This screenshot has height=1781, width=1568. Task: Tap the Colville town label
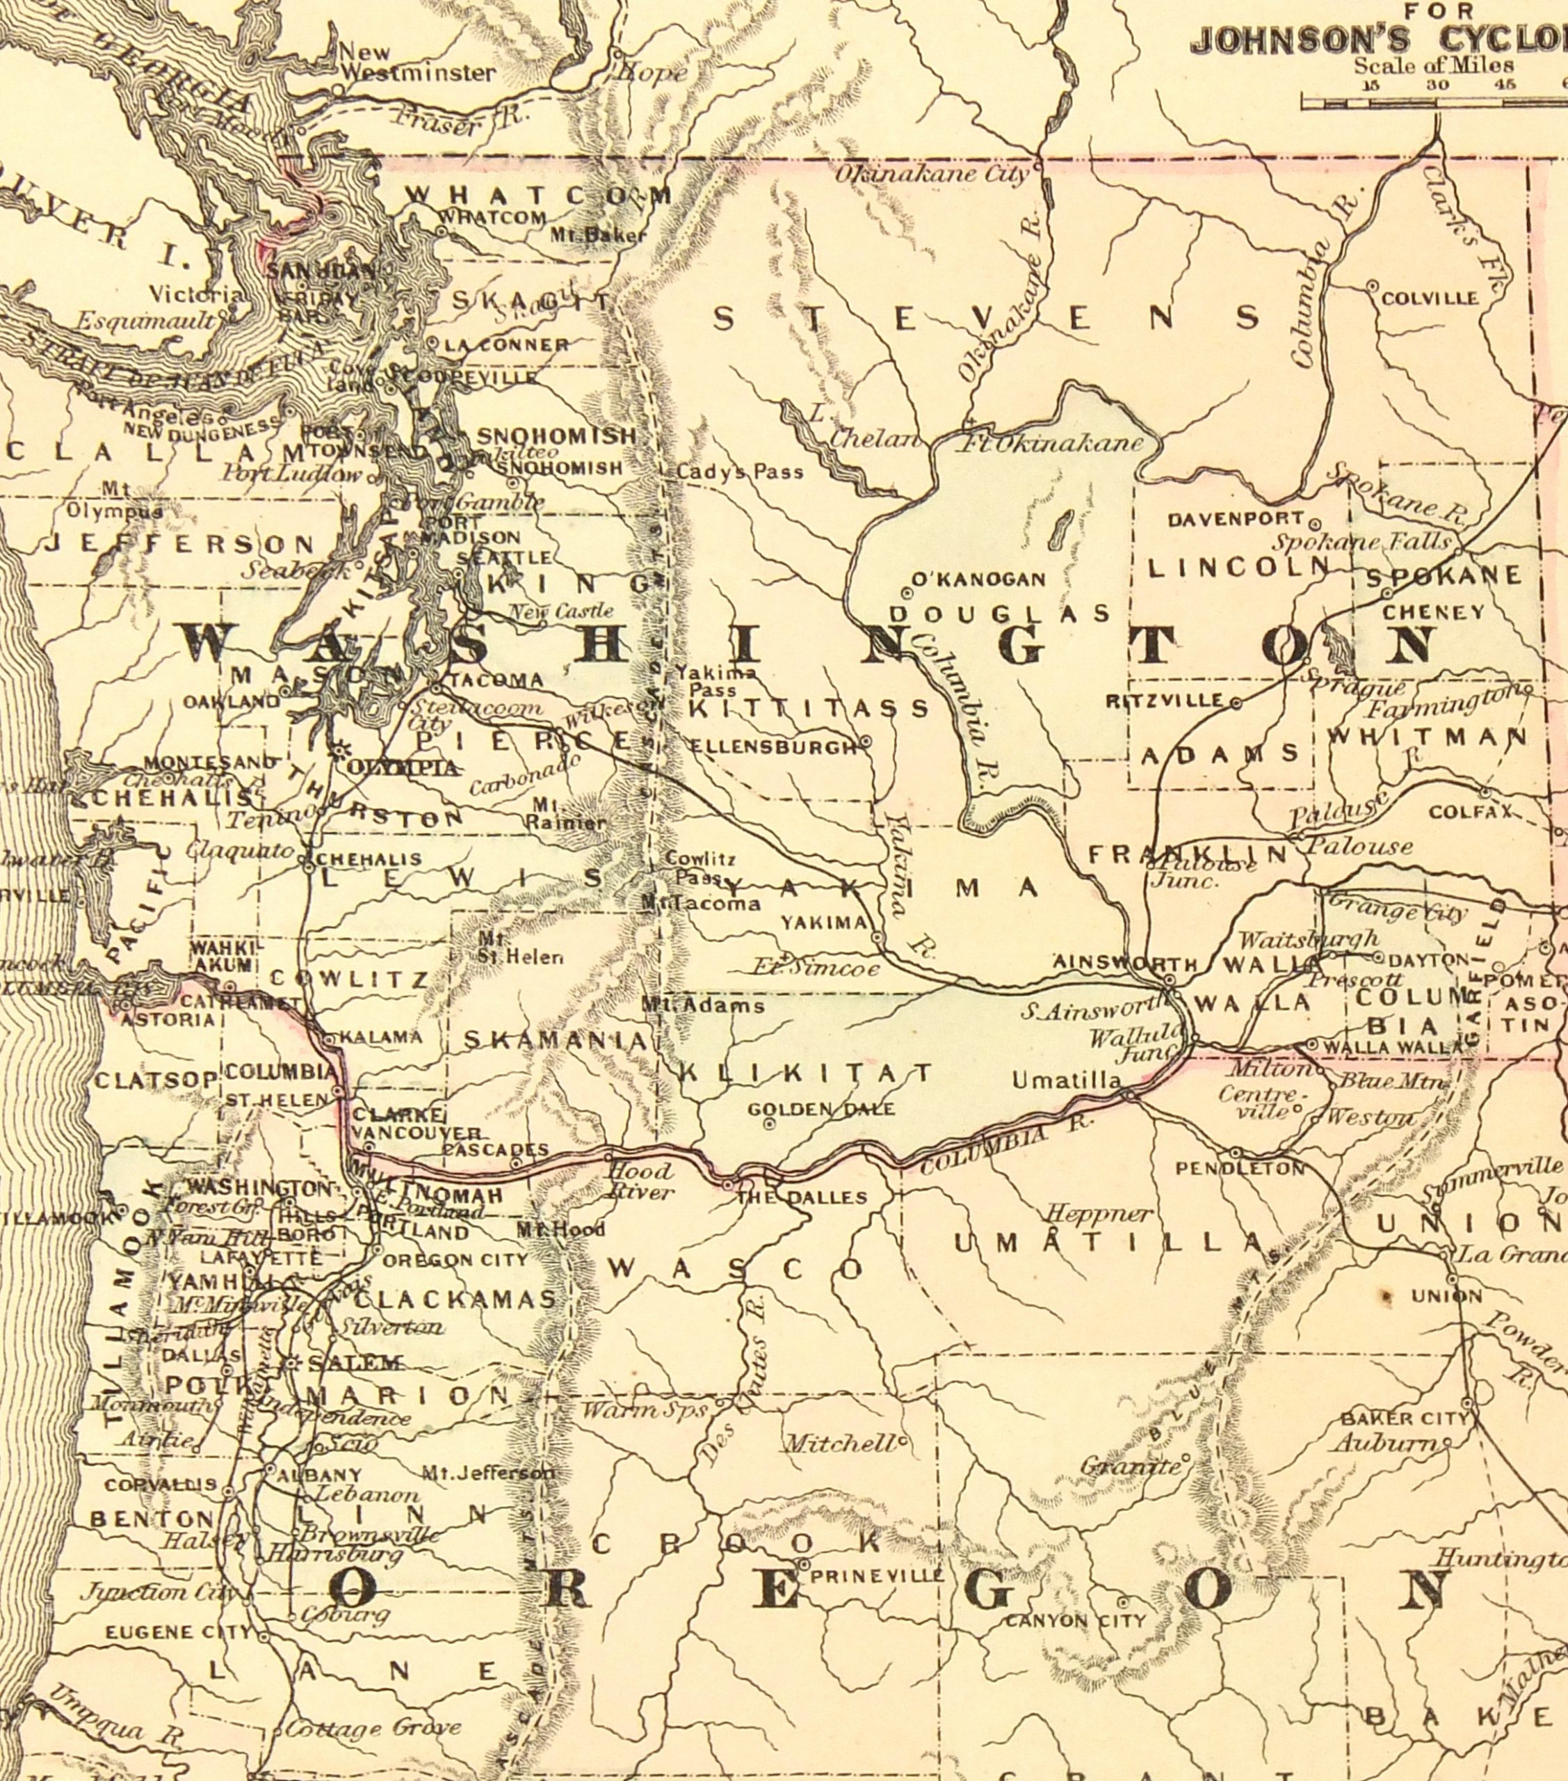click(x=1430, y=298)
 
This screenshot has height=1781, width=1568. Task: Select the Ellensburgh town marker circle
click(x=866, y=742)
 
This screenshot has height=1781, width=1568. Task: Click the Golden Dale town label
click(x=821, y=1108)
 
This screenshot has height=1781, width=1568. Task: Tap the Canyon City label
click(x=1076, y=1621)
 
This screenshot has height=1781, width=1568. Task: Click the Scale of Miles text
click(x=1433, y=65)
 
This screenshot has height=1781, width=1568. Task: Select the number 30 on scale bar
click(x=1437, y=84)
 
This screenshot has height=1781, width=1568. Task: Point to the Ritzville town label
click(x=1167, y=701)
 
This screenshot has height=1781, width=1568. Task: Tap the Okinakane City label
click(x=932, y=173)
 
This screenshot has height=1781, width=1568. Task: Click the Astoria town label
click(x=168, y=1019)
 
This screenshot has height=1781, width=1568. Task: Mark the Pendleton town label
click(x=1240, y=1169)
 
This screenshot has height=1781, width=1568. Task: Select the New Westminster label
click(x=416, y=63)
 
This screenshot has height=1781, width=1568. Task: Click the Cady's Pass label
click(x=740, y=472)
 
